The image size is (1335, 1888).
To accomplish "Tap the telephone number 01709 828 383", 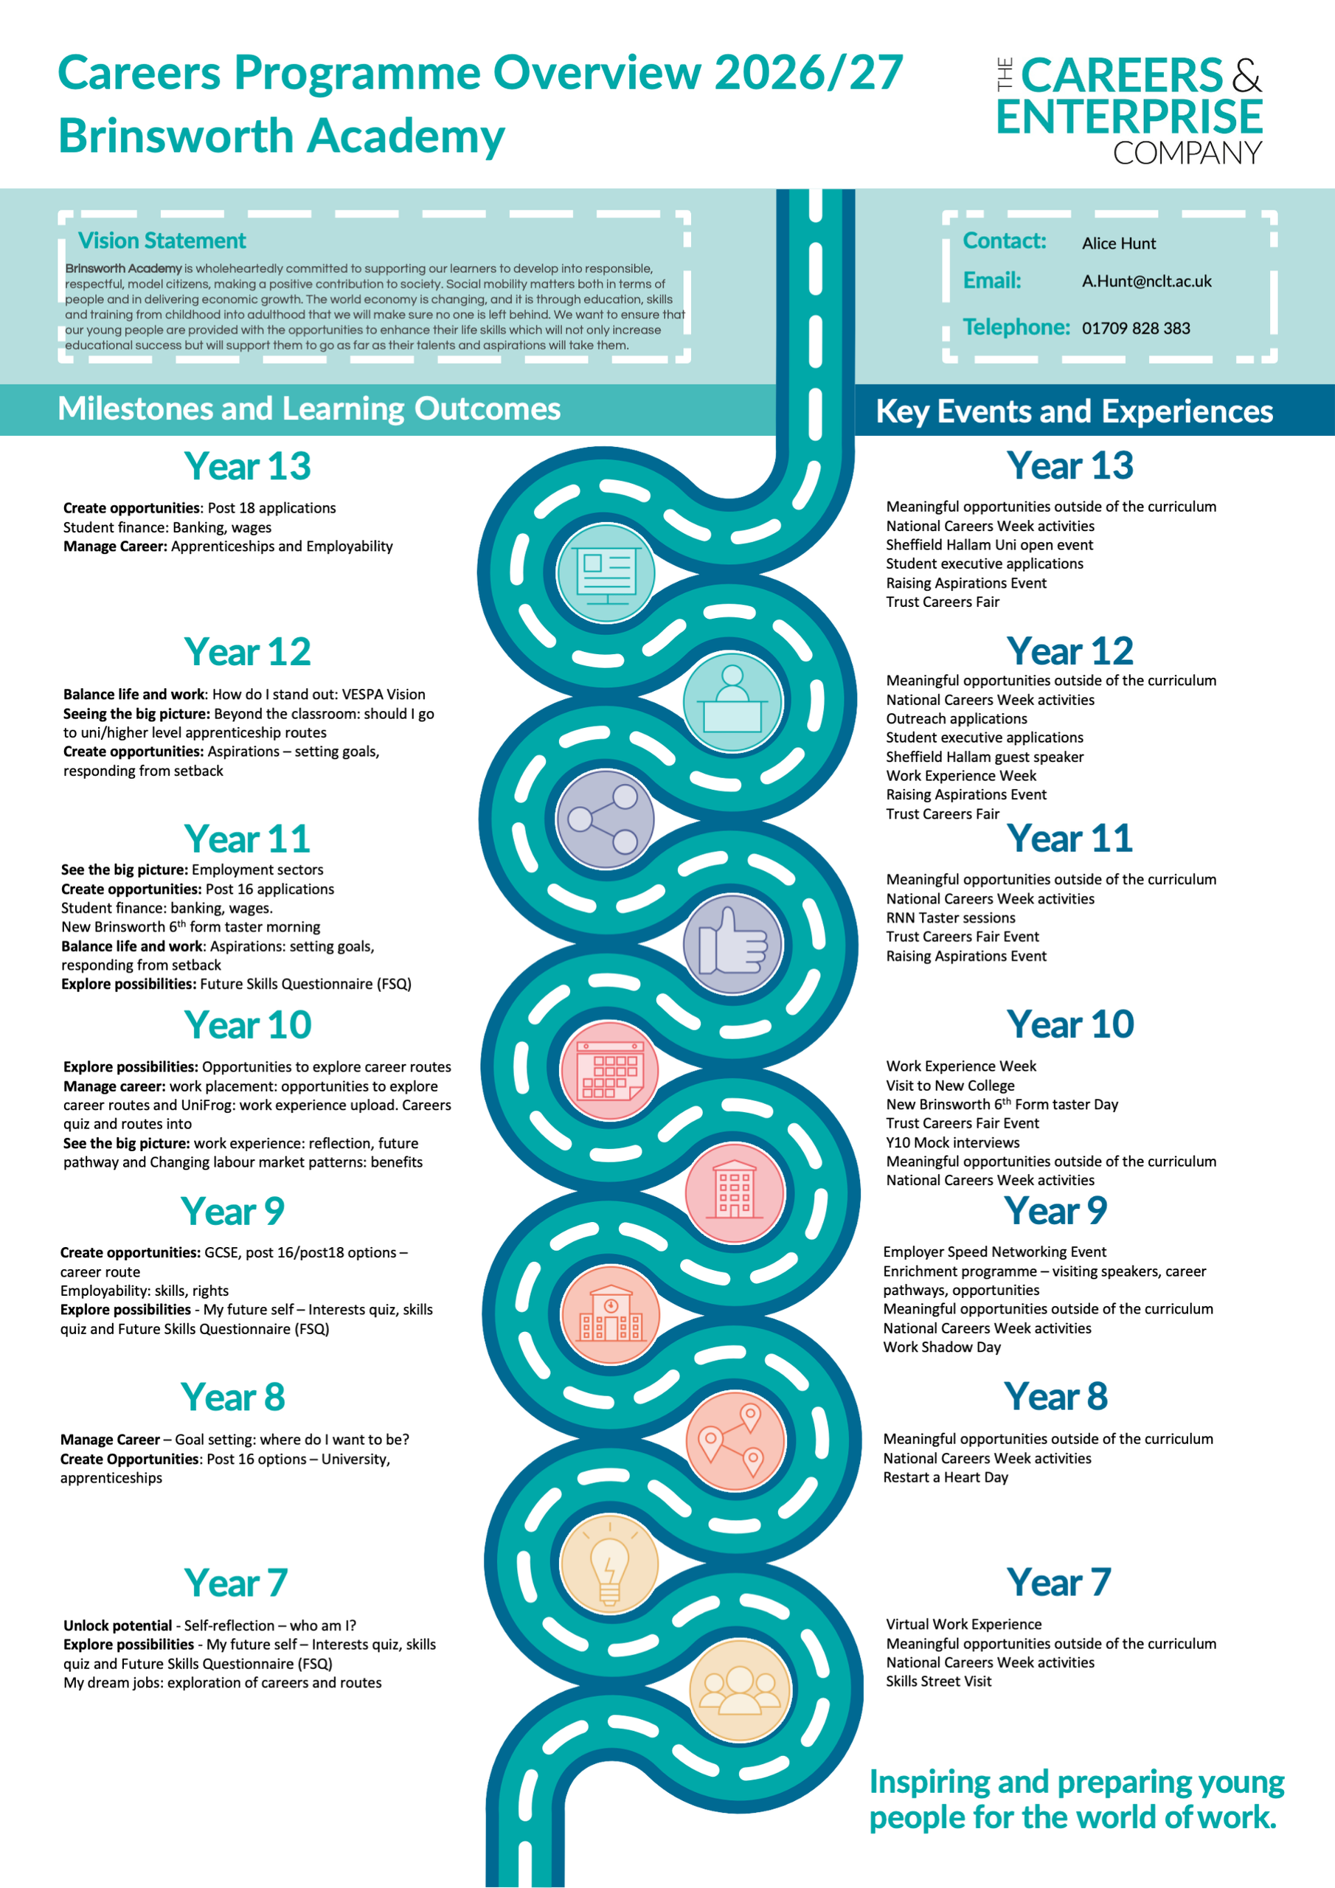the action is [1135, 328].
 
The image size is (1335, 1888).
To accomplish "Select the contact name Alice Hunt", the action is [1118, 243].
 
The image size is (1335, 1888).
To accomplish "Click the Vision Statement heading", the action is [162, 241].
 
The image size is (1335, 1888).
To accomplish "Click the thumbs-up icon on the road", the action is [732, 944].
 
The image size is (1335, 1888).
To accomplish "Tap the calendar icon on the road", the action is [609, 1071].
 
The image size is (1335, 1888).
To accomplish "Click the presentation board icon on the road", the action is [606, 573].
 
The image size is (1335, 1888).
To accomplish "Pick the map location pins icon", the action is [735, 1440].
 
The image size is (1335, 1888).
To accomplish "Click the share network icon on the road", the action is [606, 819].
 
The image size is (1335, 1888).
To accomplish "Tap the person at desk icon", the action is [732, 701].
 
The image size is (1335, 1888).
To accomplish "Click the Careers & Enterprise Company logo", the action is [1128, 109].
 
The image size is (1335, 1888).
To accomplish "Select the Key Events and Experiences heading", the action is [1074, 411].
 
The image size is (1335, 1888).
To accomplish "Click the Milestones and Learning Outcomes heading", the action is [309, 409].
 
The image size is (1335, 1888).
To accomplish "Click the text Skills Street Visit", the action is [938, 1681].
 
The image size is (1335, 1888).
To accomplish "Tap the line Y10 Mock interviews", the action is [952, 1142].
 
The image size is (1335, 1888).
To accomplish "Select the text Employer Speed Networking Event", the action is [994, 1252].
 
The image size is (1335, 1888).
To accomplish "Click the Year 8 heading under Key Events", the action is [1055, 1396].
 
